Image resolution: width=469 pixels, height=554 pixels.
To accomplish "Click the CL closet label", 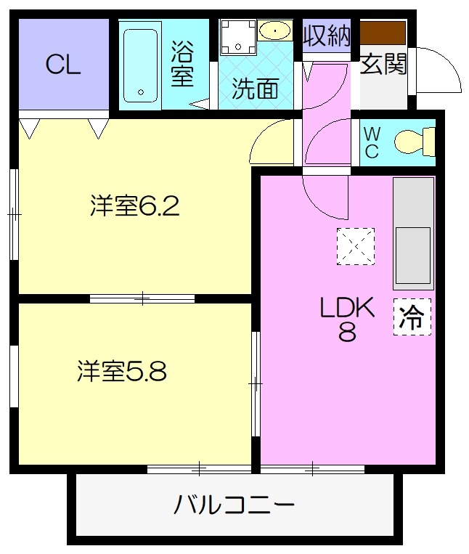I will (63, 65).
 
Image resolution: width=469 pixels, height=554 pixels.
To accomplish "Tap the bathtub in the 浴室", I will (141, 65).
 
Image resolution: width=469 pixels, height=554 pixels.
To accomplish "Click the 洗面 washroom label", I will (256, 89).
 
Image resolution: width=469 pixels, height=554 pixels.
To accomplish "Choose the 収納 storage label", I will (327, 35).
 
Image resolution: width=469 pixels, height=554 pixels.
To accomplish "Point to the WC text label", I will (371, 142).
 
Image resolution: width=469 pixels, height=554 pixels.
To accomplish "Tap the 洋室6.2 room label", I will (135, 206).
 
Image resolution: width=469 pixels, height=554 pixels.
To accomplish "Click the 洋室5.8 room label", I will (122, 371).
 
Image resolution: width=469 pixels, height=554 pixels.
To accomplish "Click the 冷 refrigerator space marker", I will (412, 317).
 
